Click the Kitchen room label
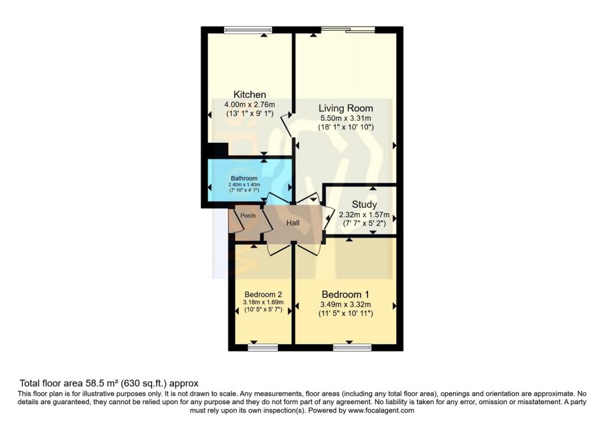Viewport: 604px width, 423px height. [x=250, y=94]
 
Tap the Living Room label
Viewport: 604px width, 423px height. [x=346, y=108]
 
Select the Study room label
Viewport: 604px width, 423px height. [x=364, y=205]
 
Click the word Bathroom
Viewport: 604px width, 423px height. [x=244, y=178]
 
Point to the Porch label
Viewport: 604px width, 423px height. [x=248, y=215]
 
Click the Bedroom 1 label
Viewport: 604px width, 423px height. [x=345, y=294]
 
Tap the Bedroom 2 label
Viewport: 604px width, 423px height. [x=263, y=294]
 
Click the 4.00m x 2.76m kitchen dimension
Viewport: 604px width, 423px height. [x=250, y=104]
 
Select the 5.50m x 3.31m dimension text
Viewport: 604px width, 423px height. [x=346, y=118]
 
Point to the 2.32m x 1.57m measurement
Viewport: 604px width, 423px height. [x=364, y=215]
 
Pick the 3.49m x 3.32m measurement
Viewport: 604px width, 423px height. [x=345, y=304]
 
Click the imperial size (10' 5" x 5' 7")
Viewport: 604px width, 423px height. [x=263, y=309]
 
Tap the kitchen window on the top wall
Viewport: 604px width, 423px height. [x=248, y=29]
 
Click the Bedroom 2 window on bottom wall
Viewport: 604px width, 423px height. [x=262, y=348]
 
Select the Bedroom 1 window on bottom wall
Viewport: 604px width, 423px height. [x=352, y=348]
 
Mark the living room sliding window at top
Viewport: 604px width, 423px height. [x=348, y=29]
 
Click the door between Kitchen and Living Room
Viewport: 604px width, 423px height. [x=287, y=125]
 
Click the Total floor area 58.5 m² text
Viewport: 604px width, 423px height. [x=109, y=382]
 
